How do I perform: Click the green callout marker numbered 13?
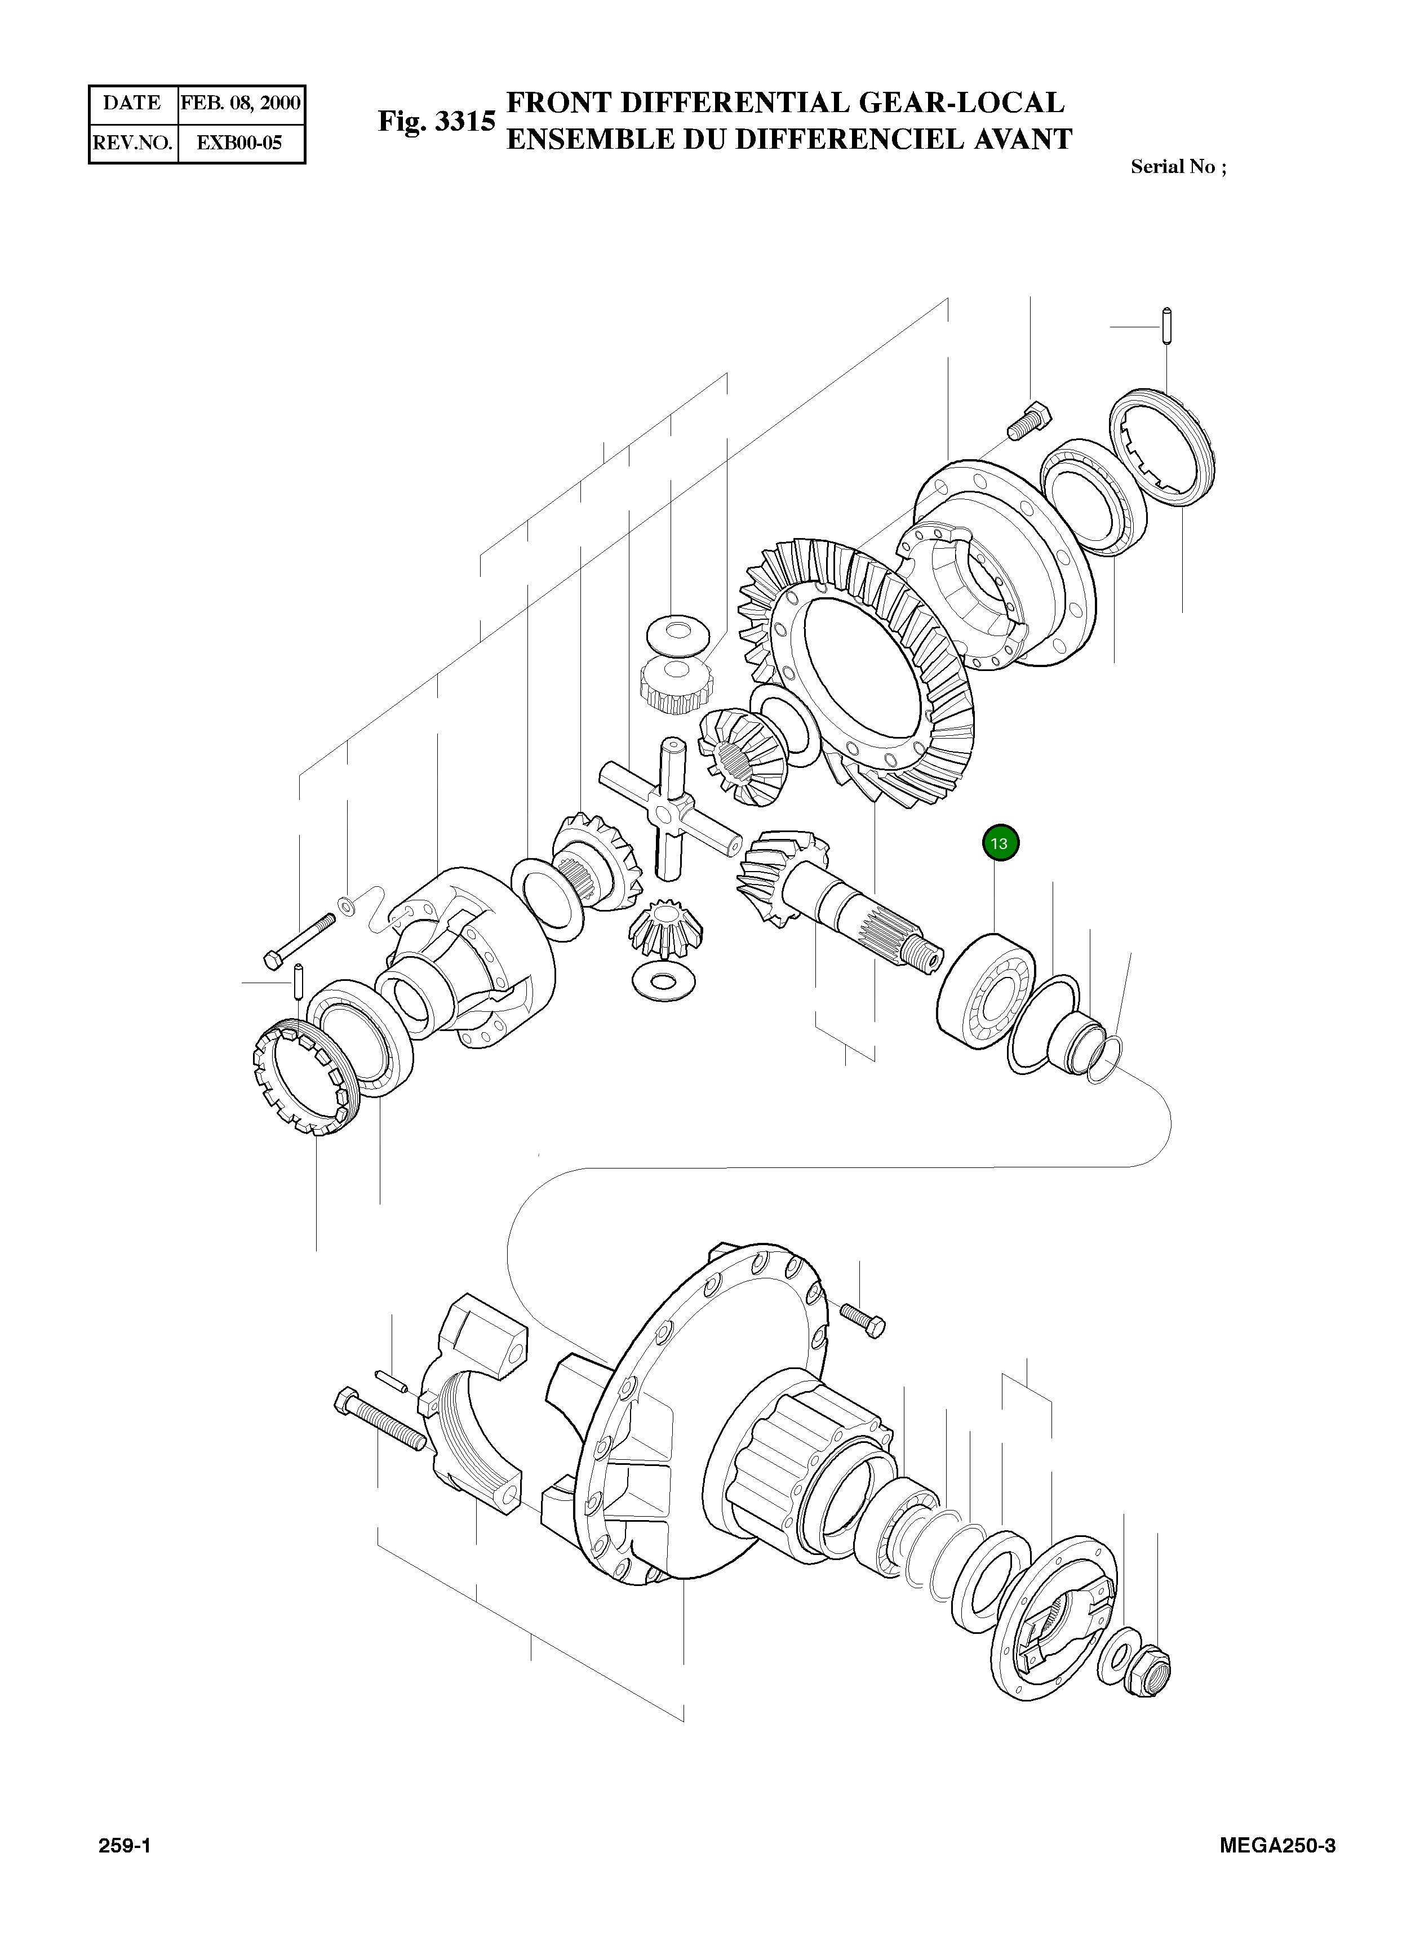coord(1000,843)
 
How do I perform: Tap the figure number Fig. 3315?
coord(437,122)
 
